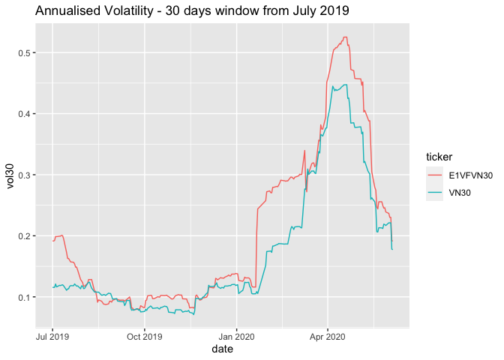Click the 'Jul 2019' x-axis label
[x=52, y=337]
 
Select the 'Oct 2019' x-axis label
[x=145, y=337]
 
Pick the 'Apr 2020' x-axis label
[x=328, y=337]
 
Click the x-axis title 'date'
[x=223, y=350]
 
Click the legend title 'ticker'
[x=439, y=157]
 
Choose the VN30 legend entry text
[x=458, y=192]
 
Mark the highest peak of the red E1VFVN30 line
[x=344, y=37]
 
